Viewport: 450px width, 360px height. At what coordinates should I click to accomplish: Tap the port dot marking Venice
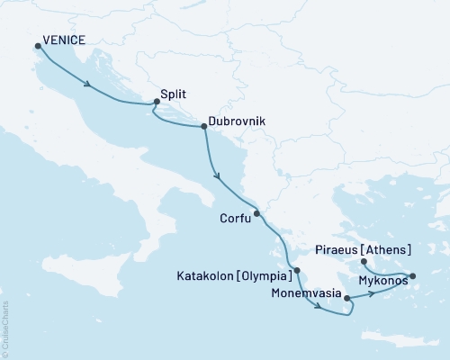38,47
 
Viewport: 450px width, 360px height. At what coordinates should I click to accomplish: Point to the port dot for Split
156,103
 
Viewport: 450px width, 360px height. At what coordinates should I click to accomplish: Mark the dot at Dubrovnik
204,127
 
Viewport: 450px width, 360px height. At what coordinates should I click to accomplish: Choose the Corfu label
234,217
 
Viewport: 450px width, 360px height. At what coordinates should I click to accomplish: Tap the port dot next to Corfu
256,213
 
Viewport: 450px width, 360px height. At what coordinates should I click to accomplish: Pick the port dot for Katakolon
297,269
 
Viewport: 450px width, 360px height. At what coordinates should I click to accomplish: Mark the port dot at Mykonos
413,276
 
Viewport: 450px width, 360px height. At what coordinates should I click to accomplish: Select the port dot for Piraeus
364,262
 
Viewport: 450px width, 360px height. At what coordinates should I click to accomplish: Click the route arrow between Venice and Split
88,85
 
